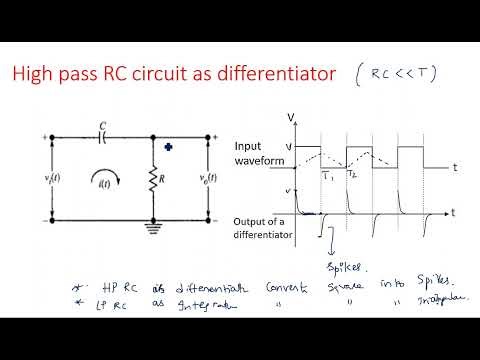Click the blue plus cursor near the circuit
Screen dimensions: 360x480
[169, 148]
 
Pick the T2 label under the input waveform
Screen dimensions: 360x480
[352, 174]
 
